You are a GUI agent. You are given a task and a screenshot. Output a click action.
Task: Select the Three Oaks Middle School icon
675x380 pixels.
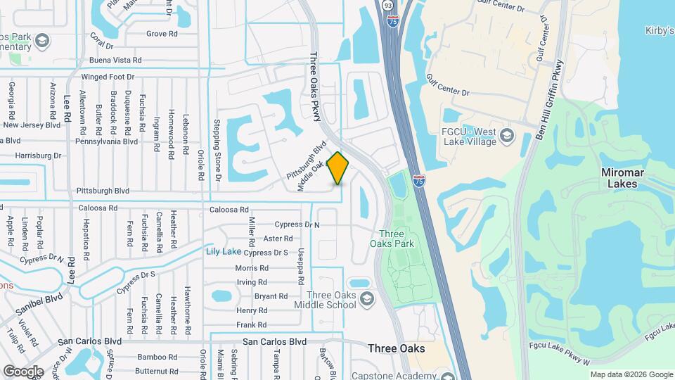coord(366,300)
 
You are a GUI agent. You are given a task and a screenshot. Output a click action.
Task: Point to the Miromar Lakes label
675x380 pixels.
coord(619,178)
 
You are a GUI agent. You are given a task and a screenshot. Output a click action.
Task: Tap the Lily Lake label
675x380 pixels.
coord(224,251)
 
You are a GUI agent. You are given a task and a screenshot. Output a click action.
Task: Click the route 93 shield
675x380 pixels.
coord(388,5)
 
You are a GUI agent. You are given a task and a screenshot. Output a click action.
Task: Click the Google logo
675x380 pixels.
coord(22,372)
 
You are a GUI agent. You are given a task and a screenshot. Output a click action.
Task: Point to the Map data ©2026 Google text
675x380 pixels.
coord(631,374)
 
